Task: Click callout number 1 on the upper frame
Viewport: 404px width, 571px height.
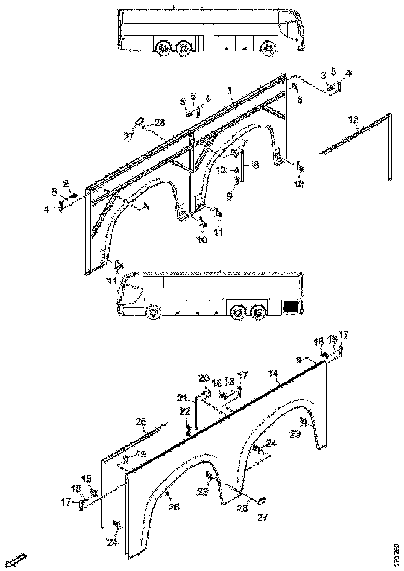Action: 229,90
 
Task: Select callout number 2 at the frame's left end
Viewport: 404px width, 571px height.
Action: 66,183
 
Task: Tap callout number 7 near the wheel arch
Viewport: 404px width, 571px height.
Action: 244,142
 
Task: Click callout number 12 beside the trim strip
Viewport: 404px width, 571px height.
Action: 353,120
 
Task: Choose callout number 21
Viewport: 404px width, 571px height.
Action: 181,398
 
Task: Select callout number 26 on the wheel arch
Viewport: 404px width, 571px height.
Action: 173,507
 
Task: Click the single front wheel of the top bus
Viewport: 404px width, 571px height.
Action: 268,49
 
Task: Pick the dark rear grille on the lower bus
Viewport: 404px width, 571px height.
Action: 291,306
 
